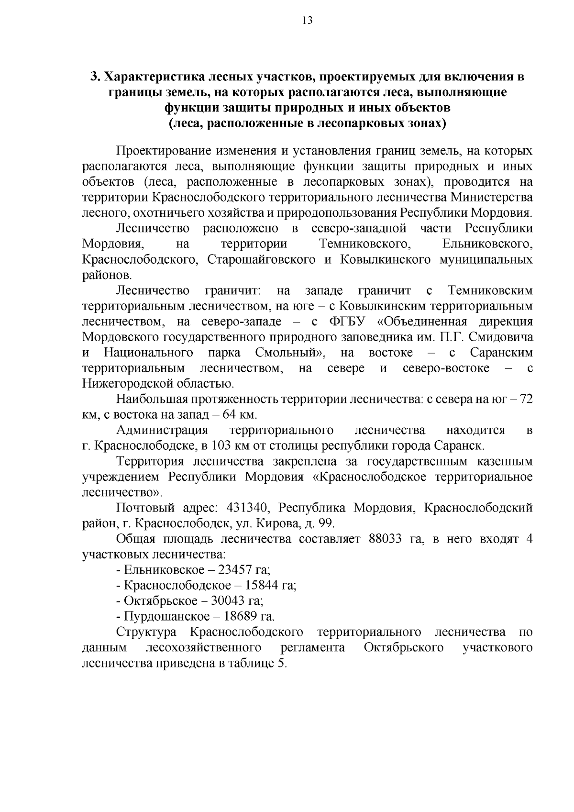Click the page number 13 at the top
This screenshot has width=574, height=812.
click(308, 20)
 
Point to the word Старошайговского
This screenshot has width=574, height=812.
click(261, 260)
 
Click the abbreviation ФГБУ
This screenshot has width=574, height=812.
click(345, 322)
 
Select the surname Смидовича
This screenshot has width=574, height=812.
click(501, 337)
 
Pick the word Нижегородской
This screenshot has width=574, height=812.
click(126, 383)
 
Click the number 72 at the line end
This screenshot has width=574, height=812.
click(526, 399)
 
